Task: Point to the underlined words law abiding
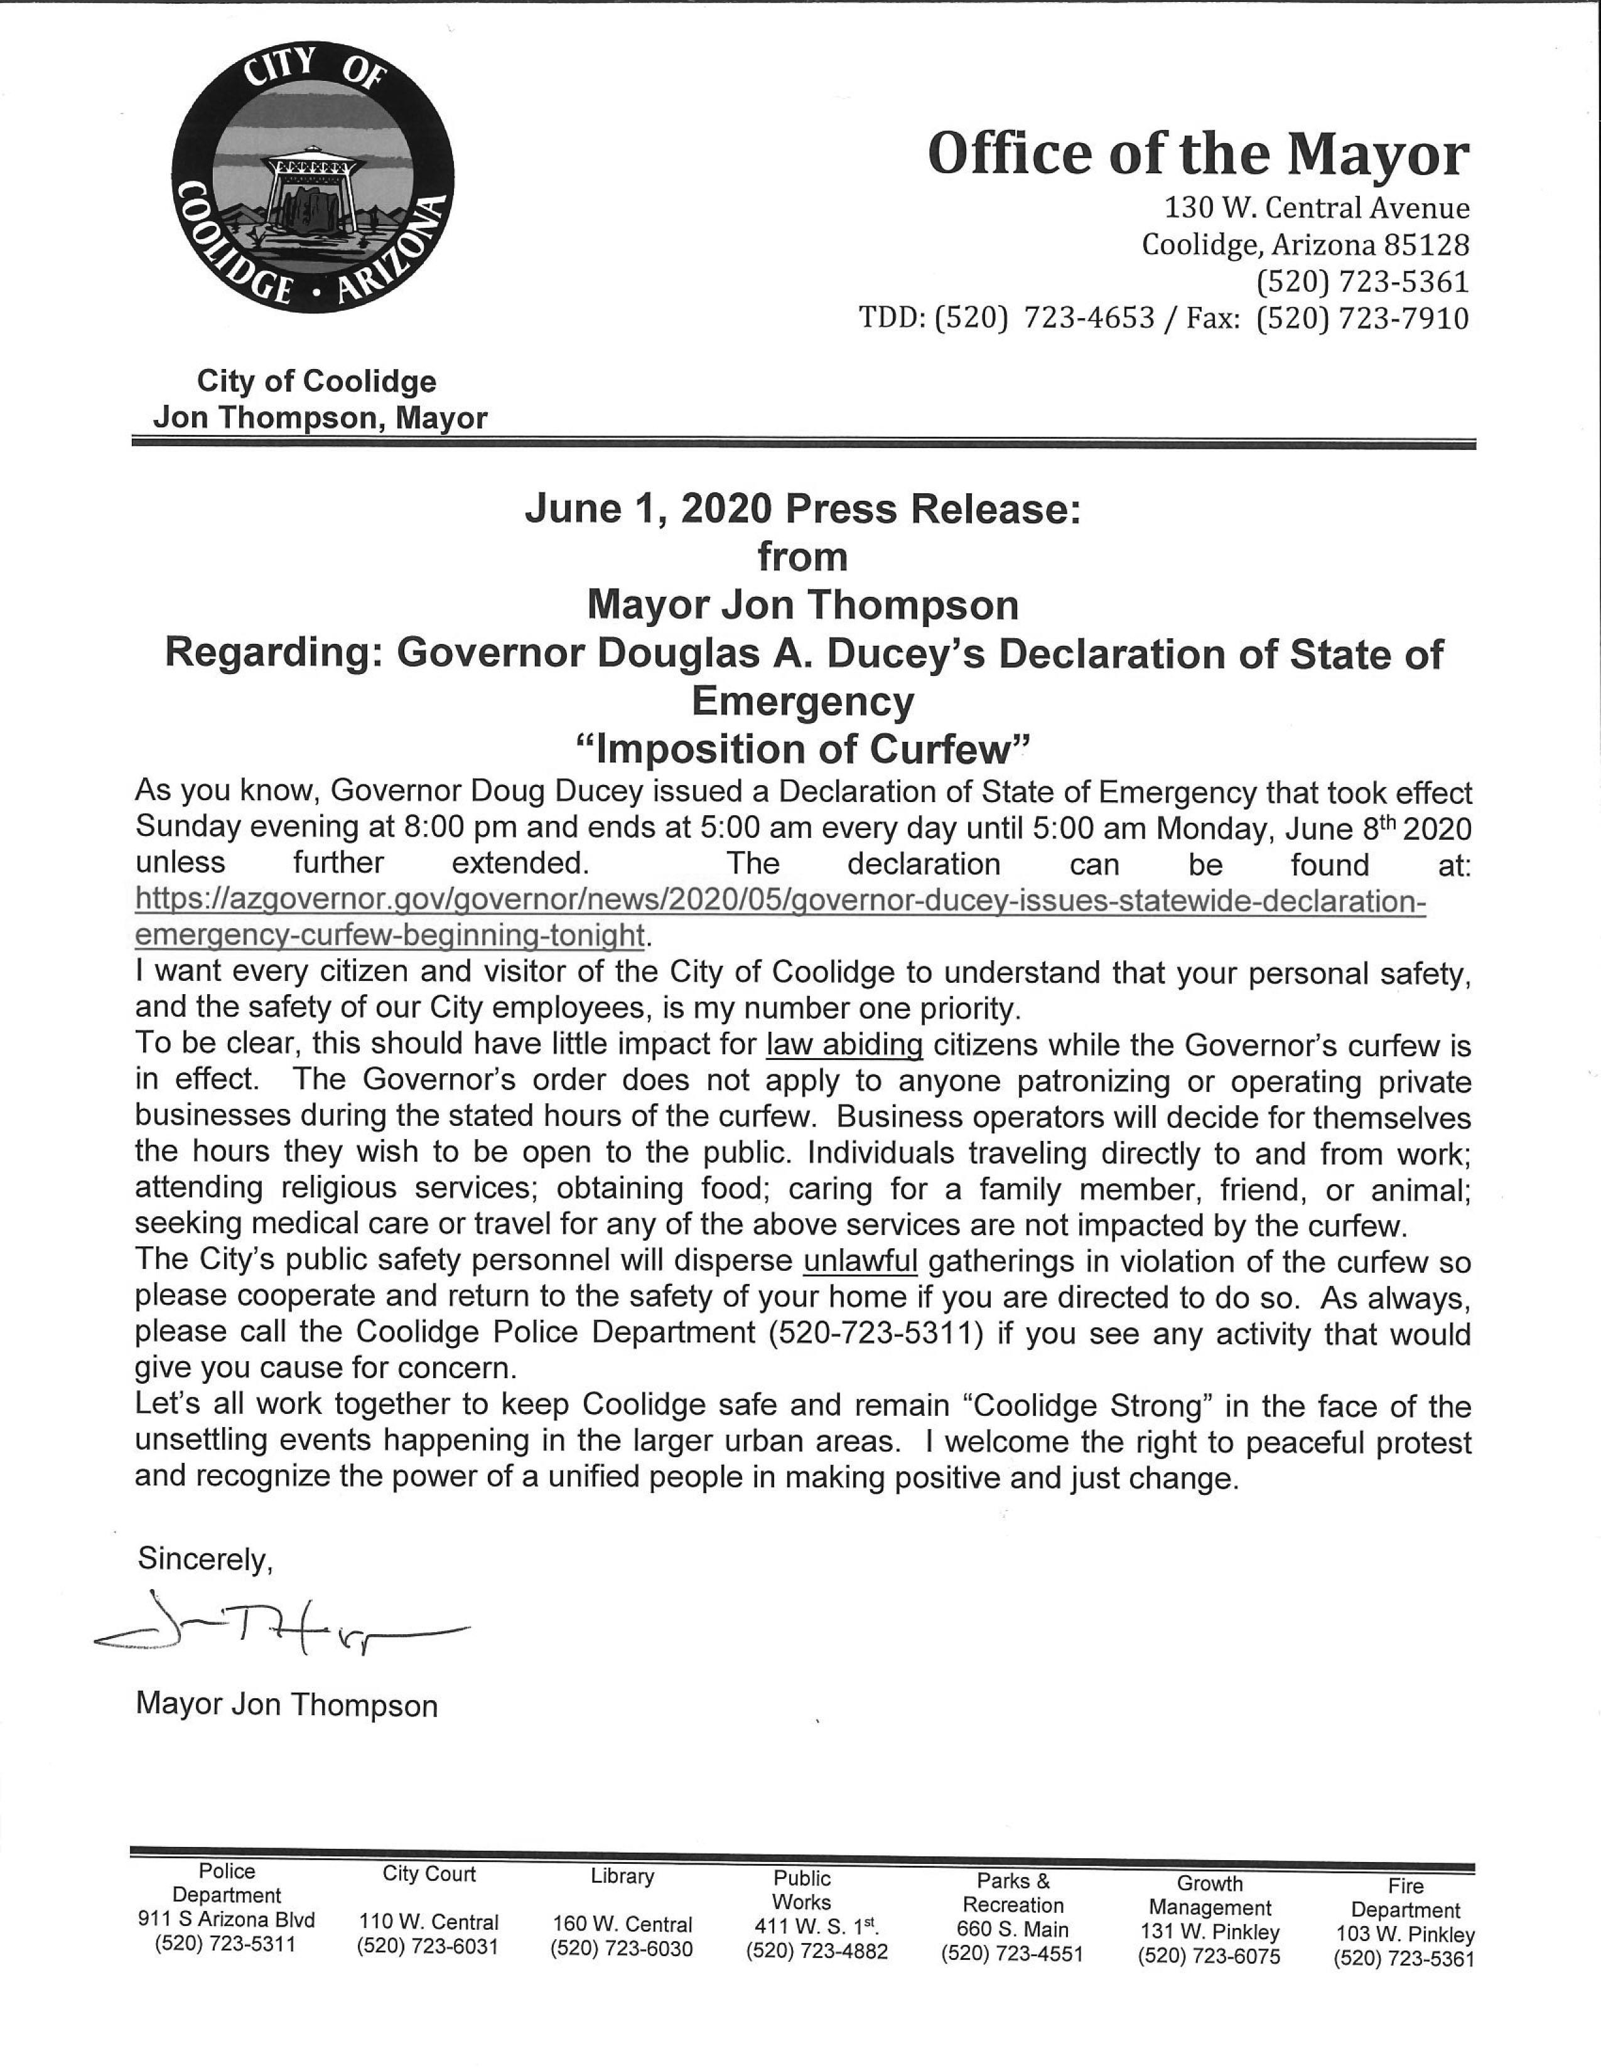point(844,1045)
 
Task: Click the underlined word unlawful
point(860,1262)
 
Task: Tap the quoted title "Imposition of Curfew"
point(802,750)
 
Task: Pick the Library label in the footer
point(622,1876)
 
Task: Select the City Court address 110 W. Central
point(429,1922)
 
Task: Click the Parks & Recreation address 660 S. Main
point(1013,1929)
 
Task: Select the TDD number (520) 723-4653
point(1044,319)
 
